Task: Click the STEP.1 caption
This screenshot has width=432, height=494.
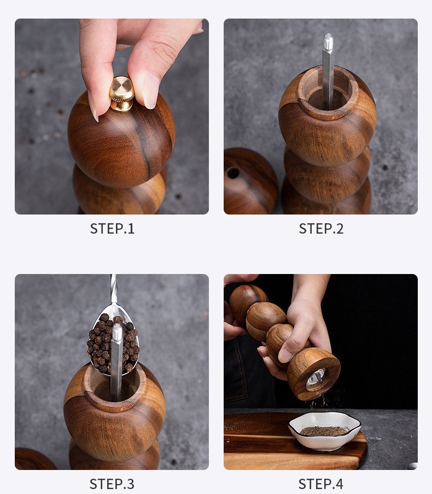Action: (112, 228)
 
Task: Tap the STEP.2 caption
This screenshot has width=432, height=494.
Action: (321, 228)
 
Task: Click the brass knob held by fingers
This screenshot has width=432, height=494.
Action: (122, 93)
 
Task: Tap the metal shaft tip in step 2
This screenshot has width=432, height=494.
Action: (328, 42)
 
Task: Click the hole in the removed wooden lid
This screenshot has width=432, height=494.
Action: (233, 173)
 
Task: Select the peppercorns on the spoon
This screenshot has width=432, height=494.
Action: (113, 343)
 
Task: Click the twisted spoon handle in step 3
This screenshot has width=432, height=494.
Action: (114, 289)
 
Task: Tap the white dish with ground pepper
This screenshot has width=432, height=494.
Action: (324, 430)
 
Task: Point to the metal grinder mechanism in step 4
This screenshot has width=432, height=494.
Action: (316, 377)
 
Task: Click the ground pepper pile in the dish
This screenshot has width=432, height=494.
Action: (324, 431)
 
